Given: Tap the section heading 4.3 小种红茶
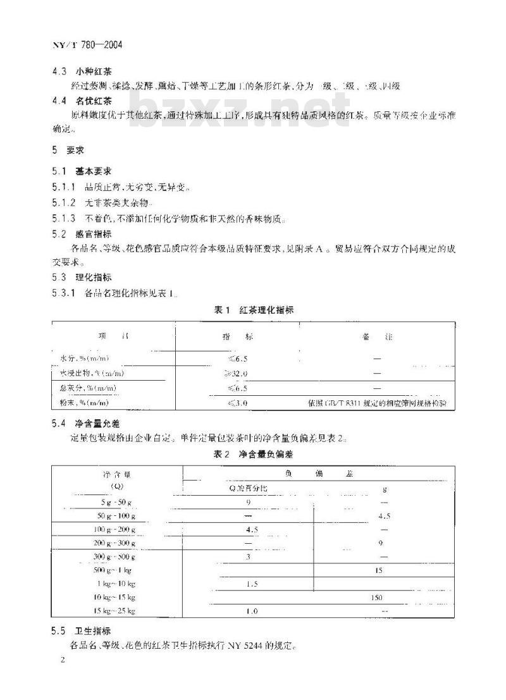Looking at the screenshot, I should pos(90,71).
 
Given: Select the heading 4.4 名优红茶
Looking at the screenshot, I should pos(90,101).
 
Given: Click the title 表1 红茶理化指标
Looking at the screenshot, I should pos(254,310).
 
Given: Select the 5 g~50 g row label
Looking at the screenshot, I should pos(116,501).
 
